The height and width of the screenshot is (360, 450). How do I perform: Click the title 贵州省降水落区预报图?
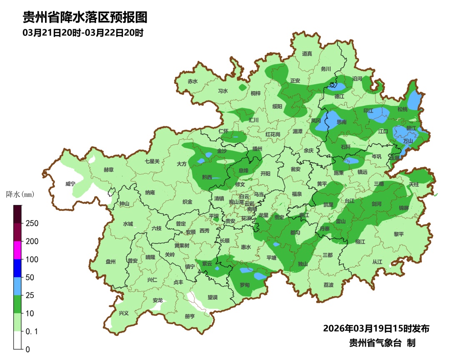tap(85, 17)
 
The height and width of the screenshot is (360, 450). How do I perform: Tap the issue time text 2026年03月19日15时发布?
tap(376, 328)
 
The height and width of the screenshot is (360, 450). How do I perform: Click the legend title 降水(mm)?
tap(20, 194)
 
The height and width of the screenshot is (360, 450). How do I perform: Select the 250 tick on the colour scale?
tap(32, 223)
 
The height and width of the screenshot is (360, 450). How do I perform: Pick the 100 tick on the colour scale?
tap(32, 259)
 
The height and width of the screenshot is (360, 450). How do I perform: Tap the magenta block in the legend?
tap(17, 250)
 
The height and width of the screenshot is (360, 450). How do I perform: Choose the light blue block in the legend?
tap(17, 286)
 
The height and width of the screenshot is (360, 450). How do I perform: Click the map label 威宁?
tap(70, 184)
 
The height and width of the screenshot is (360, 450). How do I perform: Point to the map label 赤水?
tap(192, 82)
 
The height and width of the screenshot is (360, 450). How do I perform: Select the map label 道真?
tap(307, 54)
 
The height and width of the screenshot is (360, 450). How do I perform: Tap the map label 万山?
tap(408, 141)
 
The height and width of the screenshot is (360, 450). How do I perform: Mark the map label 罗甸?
tap(245, 285)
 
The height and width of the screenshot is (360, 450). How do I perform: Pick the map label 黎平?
tap(399, 234)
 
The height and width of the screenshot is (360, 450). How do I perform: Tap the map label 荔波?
tap(328, 285)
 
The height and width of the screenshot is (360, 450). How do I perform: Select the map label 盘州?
tap(110, 262)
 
